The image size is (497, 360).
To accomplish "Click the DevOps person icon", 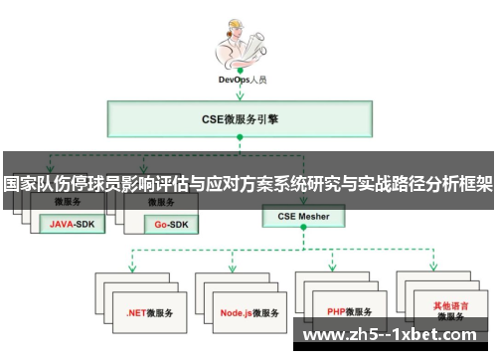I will tap(238, 41).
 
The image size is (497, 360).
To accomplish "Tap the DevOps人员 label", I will tap(239, 80).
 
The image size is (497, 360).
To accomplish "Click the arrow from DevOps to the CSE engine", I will tap(239, 92).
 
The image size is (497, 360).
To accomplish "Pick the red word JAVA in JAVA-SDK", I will tap(63, 225).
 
